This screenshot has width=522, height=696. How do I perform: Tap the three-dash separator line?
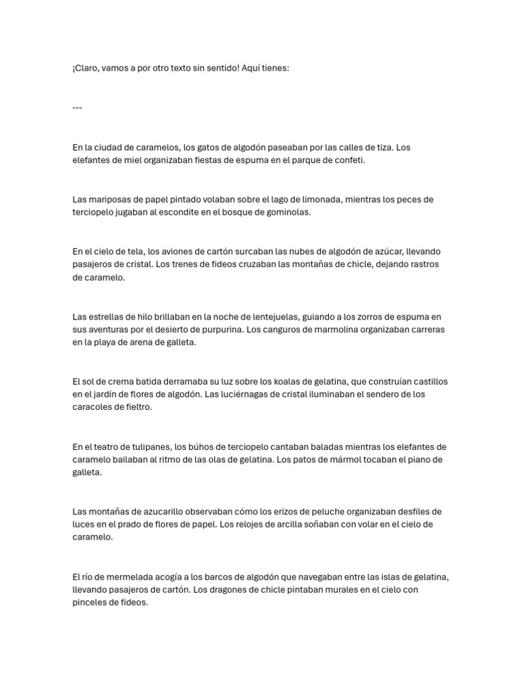coord(77,108)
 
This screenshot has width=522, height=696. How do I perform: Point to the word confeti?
coord(349,160)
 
